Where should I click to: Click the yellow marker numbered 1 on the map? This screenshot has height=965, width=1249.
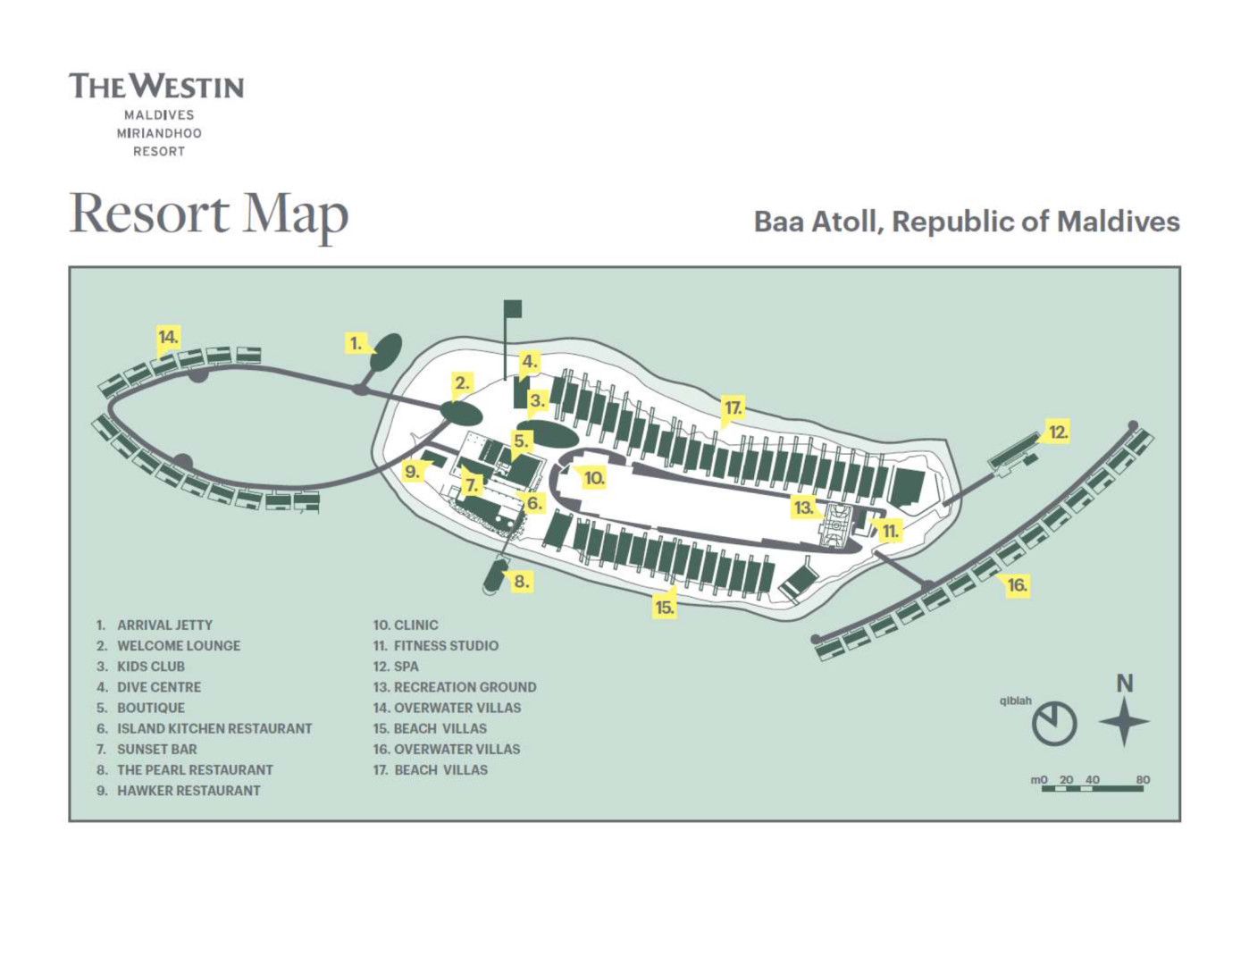tap(356, 343)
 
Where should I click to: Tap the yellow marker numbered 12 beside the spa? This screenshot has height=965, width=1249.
tap(1058, 432)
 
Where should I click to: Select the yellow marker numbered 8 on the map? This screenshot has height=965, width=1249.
tap(520, 581)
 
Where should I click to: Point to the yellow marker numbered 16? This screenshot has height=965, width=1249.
tap(1017, 585)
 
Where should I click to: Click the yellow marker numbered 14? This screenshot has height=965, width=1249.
tap(169, 337)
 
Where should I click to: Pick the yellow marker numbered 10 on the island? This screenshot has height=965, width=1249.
tap(594, 478)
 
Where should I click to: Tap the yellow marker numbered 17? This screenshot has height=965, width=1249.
tap(733, 407)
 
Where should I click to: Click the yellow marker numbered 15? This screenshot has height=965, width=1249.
tap(665, 608)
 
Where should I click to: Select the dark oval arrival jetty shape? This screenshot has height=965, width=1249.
tap(386, 353)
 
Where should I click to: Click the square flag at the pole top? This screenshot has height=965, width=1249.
tap(513, 308)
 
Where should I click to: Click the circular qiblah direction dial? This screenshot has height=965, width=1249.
tap(1054, 723)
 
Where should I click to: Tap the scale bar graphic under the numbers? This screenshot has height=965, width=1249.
tap(1093, 789)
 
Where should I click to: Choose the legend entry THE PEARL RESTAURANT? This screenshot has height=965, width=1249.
tap(195, 769)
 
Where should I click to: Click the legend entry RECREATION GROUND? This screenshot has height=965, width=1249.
tap(465, 687)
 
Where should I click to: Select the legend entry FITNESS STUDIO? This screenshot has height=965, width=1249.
tap(446, 645)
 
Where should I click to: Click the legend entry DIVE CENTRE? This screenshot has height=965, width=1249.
tap(159, 687)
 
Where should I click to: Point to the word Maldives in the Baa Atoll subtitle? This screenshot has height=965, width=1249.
tap(1119, 222)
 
